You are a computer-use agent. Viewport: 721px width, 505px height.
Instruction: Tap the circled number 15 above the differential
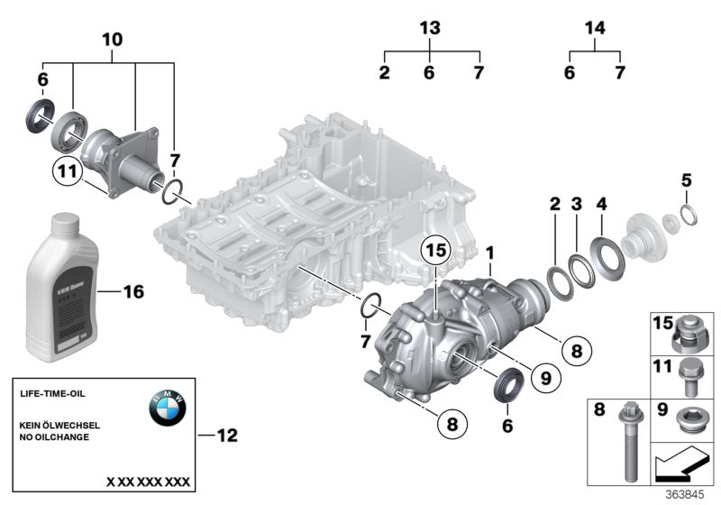436,250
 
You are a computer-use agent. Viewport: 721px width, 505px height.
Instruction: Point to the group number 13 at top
431,28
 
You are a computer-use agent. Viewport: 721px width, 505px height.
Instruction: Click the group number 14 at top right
594,28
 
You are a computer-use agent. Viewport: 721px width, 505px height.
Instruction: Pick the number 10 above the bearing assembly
112,41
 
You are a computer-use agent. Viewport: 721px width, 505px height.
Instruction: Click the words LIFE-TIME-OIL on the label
53,394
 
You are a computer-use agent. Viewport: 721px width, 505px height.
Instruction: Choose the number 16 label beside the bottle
132,292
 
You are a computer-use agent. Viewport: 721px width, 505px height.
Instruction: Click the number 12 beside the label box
226,436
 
